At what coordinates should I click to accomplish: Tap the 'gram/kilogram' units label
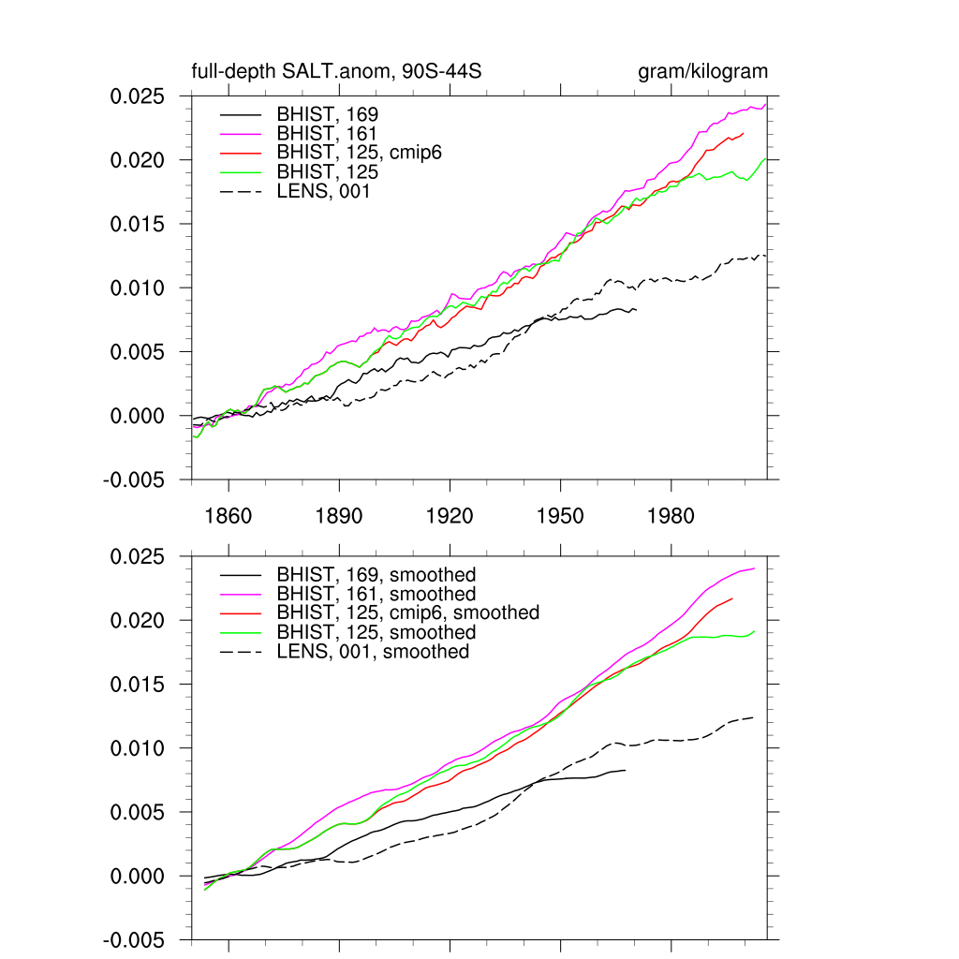tap(703, 72)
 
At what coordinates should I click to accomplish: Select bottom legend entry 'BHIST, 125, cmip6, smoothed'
tap(407, 612)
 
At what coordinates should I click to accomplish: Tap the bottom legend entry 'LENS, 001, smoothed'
tap(373, 651)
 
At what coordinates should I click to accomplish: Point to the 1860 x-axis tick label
tap(229, 517)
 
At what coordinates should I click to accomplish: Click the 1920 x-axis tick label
tap(450, 517)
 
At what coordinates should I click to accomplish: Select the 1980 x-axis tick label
tap(671, 517)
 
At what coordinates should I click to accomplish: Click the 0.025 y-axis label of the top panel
tap(137, 96)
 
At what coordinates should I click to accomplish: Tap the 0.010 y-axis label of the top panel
tap(137, 288)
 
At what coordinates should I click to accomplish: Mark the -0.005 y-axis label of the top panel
tap(134, 479)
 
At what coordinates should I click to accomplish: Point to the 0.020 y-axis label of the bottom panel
tap(137, 621)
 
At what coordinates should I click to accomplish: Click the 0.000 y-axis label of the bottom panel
tap(137, 876)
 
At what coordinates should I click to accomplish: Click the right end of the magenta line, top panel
tap(766, 104)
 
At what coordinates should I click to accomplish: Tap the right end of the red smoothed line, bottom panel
tap(732, 598)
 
